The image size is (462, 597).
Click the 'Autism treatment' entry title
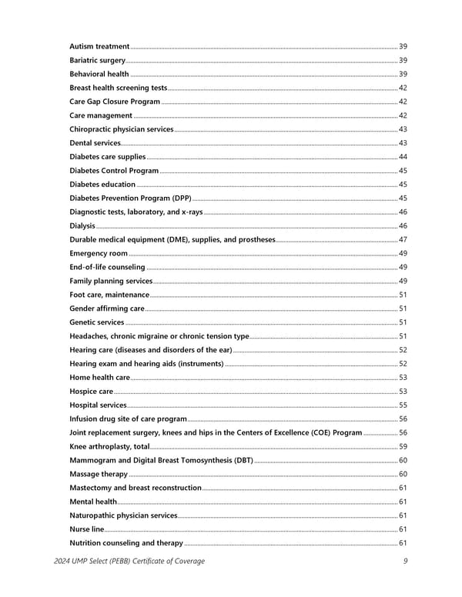click(99, 47)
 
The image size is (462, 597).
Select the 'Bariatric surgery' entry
click(98, 61)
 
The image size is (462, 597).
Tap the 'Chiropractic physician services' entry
click(121, 129)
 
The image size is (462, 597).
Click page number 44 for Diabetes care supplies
click(403, 157)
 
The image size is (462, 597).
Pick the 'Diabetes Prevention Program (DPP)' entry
click(130, 198)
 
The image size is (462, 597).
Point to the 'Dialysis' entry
click(82, 226)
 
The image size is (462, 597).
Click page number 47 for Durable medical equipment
click(403, 240)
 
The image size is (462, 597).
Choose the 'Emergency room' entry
click(99, 254)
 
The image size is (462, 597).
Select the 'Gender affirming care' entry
click(107, 309)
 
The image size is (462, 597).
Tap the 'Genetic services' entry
click(97, 322)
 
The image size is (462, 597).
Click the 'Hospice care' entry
click(92, 392)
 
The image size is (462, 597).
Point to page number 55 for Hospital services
click(403, 405)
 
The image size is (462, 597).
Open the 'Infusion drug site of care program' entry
click(128, 419)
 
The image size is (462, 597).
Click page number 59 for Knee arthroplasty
click(403, 447)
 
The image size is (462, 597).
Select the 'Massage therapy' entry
click(99, 474)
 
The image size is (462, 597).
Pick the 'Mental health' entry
click(93, 502)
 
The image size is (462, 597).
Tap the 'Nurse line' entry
click(86, 529)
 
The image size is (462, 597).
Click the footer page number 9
click(404, 561)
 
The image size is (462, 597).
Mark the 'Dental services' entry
click(95, 143)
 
